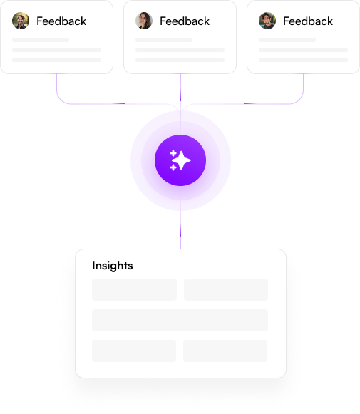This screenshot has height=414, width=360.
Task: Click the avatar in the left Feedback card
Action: (x=21, y=21)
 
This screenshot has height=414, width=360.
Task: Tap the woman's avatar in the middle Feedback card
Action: (x=144, y=21)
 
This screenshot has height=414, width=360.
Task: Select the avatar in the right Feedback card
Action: (x=267, y=21)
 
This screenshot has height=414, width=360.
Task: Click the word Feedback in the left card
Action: (x=61, y=21)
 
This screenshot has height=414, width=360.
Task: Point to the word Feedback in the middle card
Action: (x=185, y=21)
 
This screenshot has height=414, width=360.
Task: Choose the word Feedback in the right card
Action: (x=308, y=21)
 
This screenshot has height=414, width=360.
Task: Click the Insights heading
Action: (x=112, y=266)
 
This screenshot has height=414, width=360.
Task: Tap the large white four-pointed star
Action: (x=182, y=160)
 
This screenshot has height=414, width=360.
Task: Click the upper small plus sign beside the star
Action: (x=173, y=153)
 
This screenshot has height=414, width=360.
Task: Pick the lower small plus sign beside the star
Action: (x=173, y=167)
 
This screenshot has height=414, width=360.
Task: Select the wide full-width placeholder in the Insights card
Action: (x=180, y=320)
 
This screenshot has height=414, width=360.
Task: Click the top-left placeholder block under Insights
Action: (x=134, y=289)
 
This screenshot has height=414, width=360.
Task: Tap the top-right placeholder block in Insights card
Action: (x=226, y=289)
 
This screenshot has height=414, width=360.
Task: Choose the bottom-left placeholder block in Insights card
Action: (x=134, y=351)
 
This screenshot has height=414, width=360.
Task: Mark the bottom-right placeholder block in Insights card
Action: (x=225, y=351)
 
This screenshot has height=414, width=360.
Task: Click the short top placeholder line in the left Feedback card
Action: (x=41, y=40)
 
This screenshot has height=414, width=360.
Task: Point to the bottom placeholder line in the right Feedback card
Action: (x=303, y=60)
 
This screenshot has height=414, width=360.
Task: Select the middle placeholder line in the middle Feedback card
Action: (x=180, y=50)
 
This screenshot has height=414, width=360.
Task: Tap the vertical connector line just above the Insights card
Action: (x=180, y=229)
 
